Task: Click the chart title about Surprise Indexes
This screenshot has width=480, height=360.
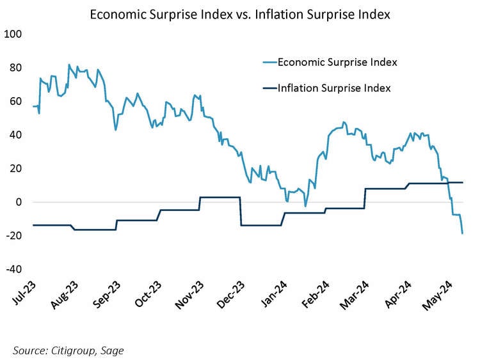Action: coord(239,14)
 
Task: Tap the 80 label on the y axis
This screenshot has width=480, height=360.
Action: coord(15,68)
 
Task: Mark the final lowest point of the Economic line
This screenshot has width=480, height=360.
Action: coord(463,233)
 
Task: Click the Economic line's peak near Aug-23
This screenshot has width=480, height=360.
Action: coord(69,65)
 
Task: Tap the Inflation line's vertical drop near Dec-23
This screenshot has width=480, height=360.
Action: coord(241,211)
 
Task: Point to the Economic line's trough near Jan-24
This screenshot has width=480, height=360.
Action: coord(305,206)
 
